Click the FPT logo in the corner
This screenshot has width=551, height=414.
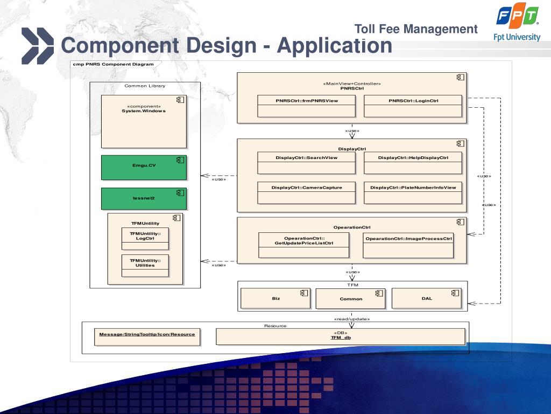point(517,17)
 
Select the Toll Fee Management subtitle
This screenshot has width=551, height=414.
point(416,29)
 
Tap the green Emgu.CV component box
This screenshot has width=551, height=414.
point(144,168)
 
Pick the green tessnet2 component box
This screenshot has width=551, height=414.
point(144,198)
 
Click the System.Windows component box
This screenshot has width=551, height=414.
point(144,121)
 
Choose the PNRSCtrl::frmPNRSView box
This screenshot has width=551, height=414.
point(307,106)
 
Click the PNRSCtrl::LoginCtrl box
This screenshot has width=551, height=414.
point(413,106)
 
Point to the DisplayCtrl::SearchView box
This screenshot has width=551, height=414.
point(307,163)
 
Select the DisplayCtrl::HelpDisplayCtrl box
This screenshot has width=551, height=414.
point(413,163)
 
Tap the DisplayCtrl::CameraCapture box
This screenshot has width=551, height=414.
point(307,192)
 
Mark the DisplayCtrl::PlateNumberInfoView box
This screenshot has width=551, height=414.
point(413,192)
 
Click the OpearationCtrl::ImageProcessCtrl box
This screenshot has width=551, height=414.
point(408,245)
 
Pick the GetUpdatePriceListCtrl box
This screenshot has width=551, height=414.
point(304,245)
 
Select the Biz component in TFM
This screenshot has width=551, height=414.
point(275,298)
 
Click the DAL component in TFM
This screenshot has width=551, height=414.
point(427,298)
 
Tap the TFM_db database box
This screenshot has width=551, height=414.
point(341,336)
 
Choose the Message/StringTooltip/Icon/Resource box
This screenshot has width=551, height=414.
point(147,336)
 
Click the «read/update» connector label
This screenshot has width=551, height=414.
point(352,319)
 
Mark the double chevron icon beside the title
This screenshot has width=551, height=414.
point(38,46)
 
